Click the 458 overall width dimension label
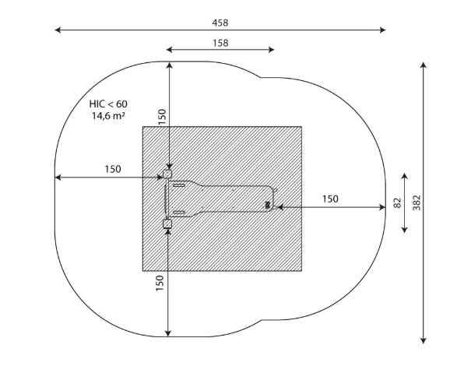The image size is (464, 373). (220, 23)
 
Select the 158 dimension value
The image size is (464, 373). (220, 44)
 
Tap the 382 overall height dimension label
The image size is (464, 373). (417, 202)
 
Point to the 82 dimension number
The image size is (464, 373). (397, 202)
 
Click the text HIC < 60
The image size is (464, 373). (108, 104)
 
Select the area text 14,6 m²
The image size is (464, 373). (108, 116)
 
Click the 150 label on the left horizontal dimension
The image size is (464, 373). (113, 169)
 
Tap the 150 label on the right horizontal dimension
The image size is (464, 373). (330, 199)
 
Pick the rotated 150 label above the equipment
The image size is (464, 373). (162, 117)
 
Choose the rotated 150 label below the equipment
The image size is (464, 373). (160, 283)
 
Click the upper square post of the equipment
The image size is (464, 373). (167, 174)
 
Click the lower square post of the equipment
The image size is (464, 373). (167, 223)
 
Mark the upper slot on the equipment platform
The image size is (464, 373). (179, 185)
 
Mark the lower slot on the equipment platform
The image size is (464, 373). (179, 213)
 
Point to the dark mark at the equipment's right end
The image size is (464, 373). (268, 205)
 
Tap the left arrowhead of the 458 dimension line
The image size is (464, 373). (58, 30)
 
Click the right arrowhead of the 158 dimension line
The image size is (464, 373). (272, 50)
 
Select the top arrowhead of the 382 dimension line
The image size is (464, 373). (424, 65)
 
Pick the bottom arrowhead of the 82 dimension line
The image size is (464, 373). (404, 230)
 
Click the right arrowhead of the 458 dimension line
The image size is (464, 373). (382, 30)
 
